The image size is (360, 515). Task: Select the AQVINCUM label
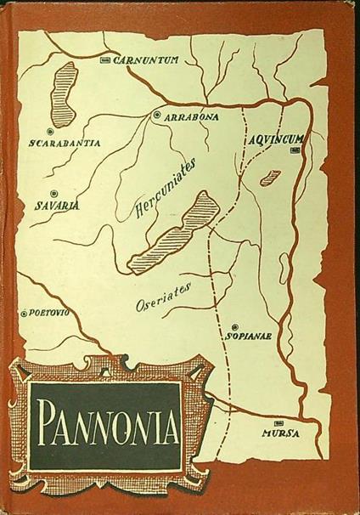(x=275, y=135)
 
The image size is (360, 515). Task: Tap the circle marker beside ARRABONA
(x=157, y=115)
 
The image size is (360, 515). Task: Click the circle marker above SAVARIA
(x=53, y=193)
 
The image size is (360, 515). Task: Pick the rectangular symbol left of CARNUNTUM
(x=105, y=60)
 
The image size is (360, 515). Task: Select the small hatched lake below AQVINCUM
(x=271, y=177)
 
